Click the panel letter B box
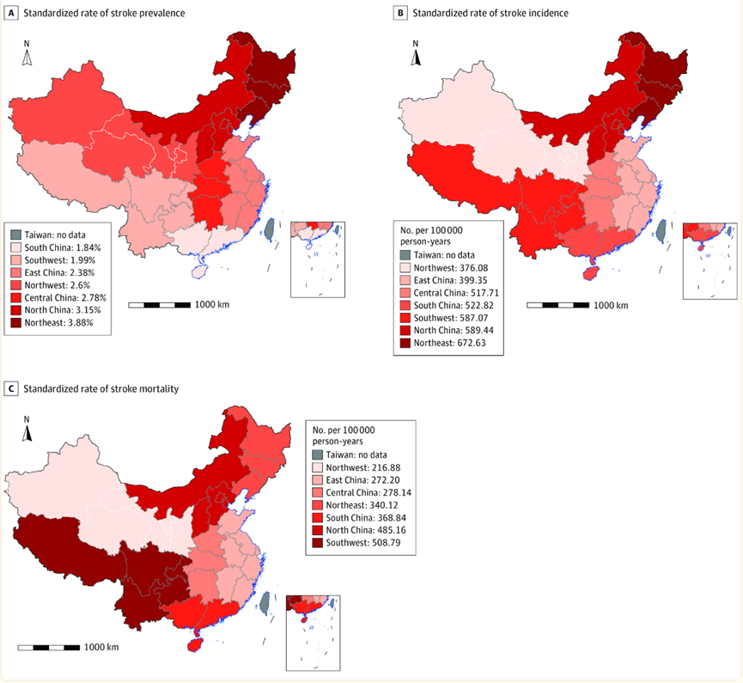click(399, 13)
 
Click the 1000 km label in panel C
click(102, 646)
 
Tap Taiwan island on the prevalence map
click(271, 229)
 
